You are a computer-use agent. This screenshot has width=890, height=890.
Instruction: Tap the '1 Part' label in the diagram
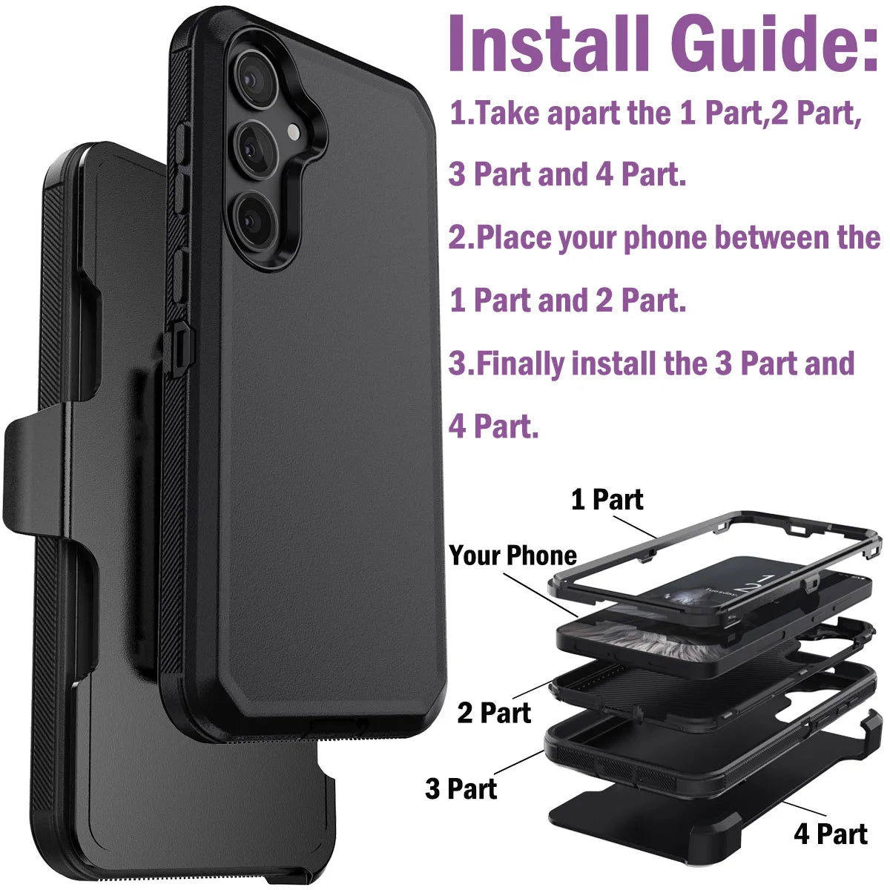point(607,500)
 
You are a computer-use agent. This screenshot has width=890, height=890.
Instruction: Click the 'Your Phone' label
point(512,556)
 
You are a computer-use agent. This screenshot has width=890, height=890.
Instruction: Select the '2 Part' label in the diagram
point(494,713)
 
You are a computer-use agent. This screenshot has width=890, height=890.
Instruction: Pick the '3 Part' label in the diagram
point(461,788)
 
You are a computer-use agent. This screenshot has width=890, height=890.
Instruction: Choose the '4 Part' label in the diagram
point(830,834)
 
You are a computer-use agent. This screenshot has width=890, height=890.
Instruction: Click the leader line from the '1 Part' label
point(635,525)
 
